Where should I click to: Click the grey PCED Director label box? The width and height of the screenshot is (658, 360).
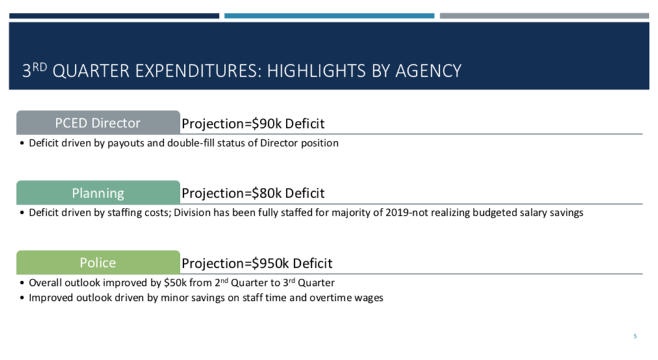click(98, 123)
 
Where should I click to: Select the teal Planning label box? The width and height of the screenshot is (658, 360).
click(98, 192)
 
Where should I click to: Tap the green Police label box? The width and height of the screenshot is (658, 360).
click(98, 263)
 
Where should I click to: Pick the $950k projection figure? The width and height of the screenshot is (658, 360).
click(270, 263)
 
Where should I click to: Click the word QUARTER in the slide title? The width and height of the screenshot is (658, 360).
click(91, 71)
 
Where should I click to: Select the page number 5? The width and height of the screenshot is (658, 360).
click(635, 336)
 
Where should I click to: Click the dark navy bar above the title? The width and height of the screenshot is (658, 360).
click(114, 16)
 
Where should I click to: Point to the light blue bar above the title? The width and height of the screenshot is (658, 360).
click(329, 16)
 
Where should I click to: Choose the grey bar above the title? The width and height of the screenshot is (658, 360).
click(544, 16)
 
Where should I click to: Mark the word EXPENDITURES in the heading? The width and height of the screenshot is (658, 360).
click(198, 71)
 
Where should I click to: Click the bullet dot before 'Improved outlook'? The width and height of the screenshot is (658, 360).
click(22, 298)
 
